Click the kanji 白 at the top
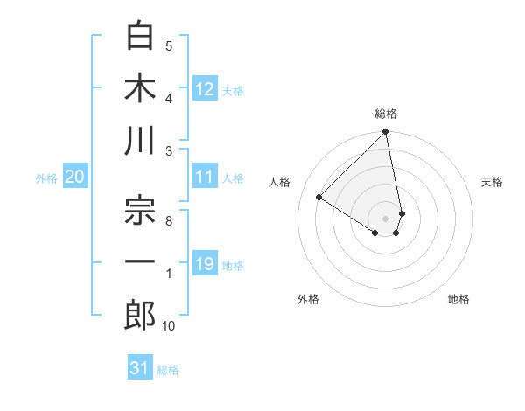click(x=141, y=37)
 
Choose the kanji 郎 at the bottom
click(x=141, y=315)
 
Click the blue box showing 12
click(x=205, y=88)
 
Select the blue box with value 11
click(x=205, y=177)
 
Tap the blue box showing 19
click(x=205, y=264)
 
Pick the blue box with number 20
click(x=75, y=177)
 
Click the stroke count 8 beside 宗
click(x=168, y=221)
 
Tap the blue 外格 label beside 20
click(x=46, y=178)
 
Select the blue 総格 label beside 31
click(x=168, y=370)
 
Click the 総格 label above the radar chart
click(x=385, y=114)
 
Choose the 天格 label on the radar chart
click(x=492, y=182)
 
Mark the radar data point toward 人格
click(x=319, y=198)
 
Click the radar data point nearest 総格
click(x=385, y=133)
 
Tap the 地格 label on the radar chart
click(x=458, y=299)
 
